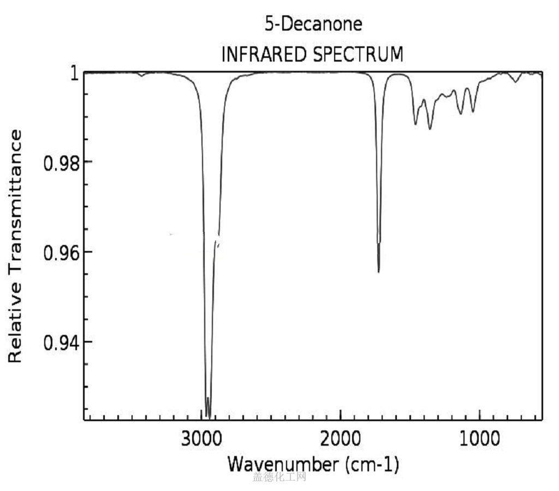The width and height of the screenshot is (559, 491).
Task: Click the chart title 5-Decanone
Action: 313,25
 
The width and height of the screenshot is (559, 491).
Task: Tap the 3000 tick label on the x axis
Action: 201,438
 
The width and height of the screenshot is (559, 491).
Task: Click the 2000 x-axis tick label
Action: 341,438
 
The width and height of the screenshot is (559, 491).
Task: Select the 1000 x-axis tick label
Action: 480,438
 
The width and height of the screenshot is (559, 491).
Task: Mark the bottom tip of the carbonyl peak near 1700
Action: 378,271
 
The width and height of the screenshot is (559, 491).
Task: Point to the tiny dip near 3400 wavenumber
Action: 142,76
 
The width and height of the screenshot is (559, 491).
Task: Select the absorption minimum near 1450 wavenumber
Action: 415,124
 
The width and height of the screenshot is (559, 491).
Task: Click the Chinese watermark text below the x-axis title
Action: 279,477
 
